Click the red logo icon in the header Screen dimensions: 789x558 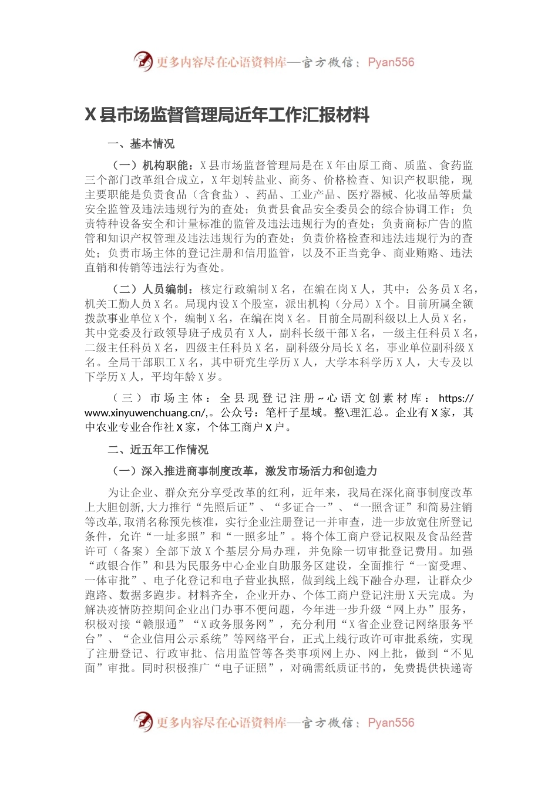coord(143,61)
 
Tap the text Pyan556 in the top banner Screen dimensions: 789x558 coord(391,62)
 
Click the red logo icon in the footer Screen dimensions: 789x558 coord(143,721)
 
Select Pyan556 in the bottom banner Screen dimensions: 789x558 coord(391,723)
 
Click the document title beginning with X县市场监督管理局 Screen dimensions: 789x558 coord(227,115)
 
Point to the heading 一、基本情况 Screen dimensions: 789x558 coord(141,144)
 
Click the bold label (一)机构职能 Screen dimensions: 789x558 coord(152,166)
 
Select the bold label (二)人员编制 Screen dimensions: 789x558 coord(152,289)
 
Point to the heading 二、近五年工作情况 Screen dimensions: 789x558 coord(158,450)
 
